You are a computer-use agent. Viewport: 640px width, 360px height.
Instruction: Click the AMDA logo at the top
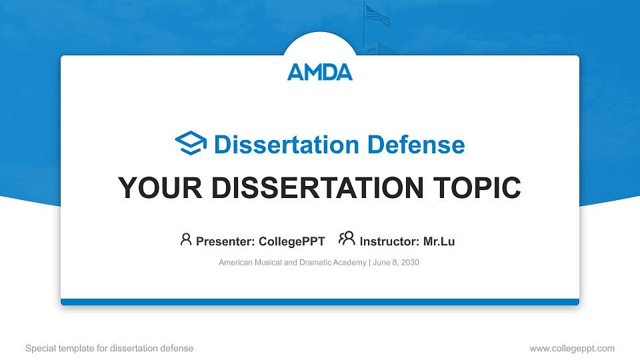click(x=320, y=71)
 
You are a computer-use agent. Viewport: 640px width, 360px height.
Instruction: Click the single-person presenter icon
click(x=186, y=239)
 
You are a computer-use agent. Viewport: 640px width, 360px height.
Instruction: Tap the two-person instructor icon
click(x=347, y=239)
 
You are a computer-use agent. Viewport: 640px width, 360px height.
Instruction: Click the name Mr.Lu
click(x=439, y=241)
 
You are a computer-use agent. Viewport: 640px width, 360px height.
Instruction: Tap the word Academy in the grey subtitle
click(x=351, y=263)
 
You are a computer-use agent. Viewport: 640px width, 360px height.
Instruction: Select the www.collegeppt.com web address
click(x=571, y=348)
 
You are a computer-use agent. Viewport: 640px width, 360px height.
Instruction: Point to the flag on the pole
click(x=377, y=15)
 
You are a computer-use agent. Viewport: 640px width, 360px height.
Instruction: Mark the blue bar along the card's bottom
click(x=320, y=302)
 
